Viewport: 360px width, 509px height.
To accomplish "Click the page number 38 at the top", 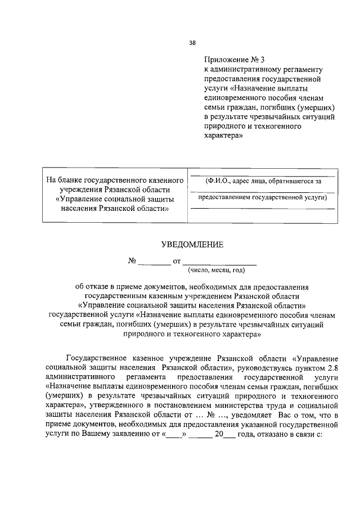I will coord(192,42).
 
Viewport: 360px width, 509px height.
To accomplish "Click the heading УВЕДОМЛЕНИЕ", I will coord(192,244).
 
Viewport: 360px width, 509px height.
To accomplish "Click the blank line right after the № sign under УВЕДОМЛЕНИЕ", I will coord(154,262).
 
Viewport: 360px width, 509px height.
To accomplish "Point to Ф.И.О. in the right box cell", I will coord(217,181).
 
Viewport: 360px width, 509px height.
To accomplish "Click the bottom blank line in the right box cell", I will coord(263,209).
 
